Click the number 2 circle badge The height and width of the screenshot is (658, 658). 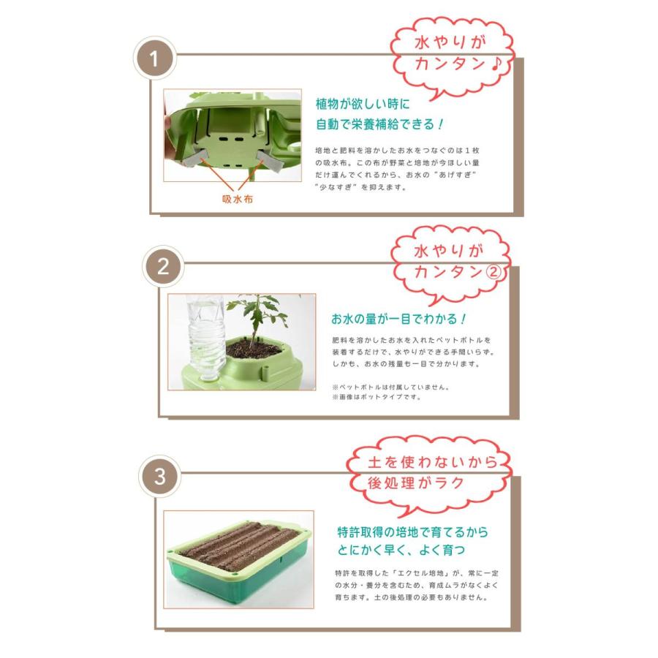click(163, 266)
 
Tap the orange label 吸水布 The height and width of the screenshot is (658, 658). click(238, 199)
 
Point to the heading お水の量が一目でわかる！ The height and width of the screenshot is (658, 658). click(398, 319)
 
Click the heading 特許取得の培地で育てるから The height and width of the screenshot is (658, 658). click(412, 532)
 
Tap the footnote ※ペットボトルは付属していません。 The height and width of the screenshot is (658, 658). click(390, 387)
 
